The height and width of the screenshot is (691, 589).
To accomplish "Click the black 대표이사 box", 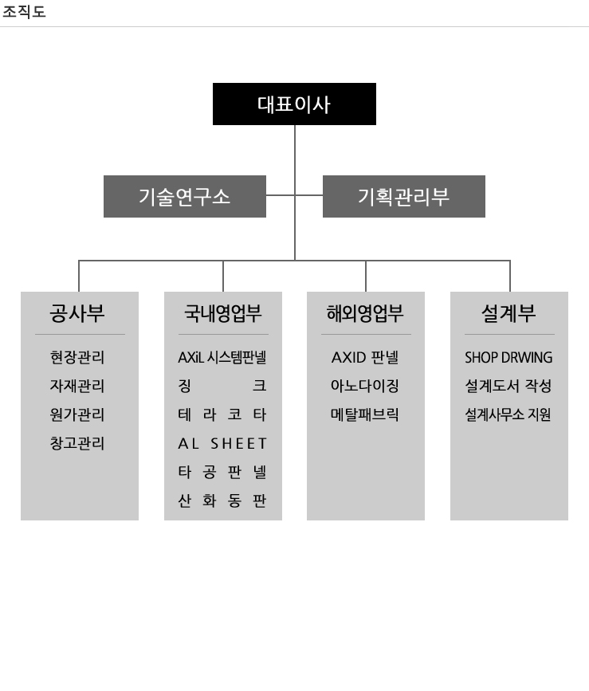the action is tap(294, 104).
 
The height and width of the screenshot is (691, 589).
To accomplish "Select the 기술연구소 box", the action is tap(185, 197).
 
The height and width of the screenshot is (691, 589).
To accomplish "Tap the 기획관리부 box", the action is tap(404, 197).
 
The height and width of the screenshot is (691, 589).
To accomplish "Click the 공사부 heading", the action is tap(77, 313).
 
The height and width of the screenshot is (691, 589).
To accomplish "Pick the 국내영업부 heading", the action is tap(223, 313).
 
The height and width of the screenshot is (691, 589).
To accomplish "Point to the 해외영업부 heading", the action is tap(365, 313).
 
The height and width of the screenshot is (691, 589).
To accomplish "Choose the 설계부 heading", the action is tap(509, 313).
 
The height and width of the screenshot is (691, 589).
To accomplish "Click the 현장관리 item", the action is tap(77, 357).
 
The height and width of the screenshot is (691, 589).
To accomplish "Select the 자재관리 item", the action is tap(77, 386).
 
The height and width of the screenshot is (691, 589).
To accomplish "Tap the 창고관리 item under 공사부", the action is tap(77, 443).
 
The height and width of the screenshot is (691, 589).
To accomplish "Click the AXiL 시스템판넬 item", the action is tap(222, 357).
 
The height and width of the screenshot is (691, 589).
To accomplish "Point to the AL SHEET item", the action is tap(222, 443).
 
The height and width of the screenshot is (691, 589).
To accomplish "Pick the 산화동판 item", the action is tap(222, 501).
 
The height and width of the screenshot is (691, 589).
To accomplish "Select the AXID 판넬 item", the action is tap(365, 357).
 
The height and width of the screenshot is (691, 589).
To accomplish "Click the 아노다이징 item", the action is tap(365, 386).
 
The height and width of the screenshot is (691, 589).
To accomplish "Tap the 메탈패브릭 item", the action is tap(365, 414).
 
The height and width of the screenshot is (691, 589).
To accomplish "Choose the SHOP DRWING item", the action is tap(509, 357).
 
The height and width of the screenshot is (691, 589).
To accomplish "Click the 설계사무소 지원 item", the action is tap(508, 414).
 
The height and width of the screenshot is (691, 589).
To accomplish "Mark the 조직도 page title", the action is tap(24, 11).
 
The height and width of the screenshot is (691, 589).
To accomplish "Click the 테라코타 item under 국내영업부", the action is tap(222, 414).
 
